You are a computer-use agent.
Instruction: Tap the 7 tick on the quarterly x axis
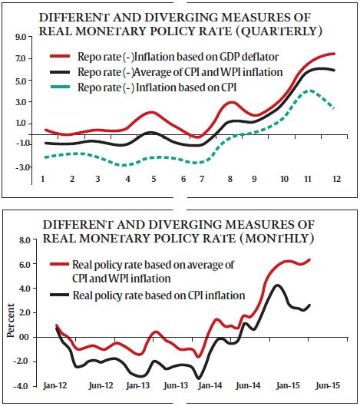[x=202, y=179]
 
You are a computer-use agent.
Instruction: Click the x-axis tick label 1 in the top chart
[x=45, y=179]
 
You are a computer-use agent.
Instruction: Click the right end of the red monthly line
[x=309, y=259]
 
